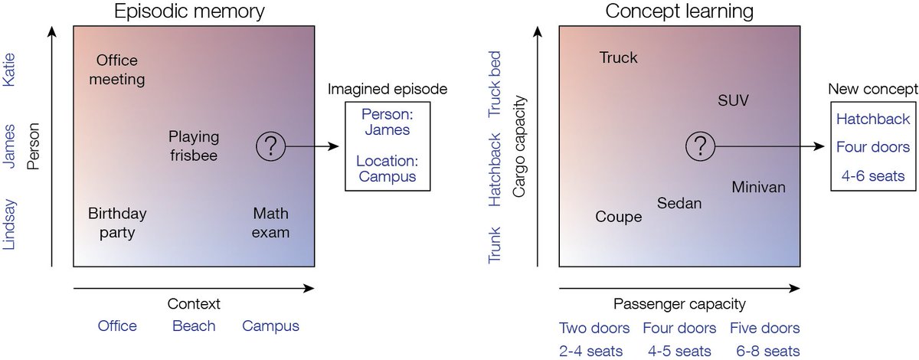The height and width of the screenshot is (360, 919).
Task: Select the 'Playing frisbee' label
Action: pyautogui.click(x=194, y=146)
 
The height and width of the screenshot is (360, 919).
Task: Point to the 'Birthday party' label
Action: pyautogui.click(x=117, y=222)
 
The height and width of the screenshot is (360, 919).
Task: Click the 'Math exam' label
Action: pyautogui.click(x=271, y=222)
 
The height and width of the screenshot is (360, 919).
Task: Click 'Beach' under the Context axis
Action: pyautogui.click(x=194, y=326)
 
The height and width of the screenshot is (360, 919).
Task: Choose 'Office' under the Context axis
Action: pyautogui.click(x=117, y=326)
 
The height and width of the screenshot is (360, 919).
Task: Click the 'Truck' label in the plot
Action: pyautogui.click(x=618, y=58)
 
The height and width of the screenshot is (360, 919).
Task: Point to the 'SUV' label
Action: pyautogui.click(x=734, y=100)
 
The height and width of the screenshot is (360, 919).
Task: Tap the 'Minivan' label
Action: pyautogui.click(x=758, y=187)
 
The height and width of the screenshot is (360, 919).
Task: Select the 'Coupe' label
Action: pyautogui.click(x=618, y=218)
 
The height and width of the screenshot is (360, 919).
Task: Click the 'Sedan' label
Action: pyautogui.click(x=679, y=203)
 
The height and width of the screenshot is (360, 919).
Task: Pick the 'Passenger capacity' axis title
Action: pyautogui.click(x=679, y=303)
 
